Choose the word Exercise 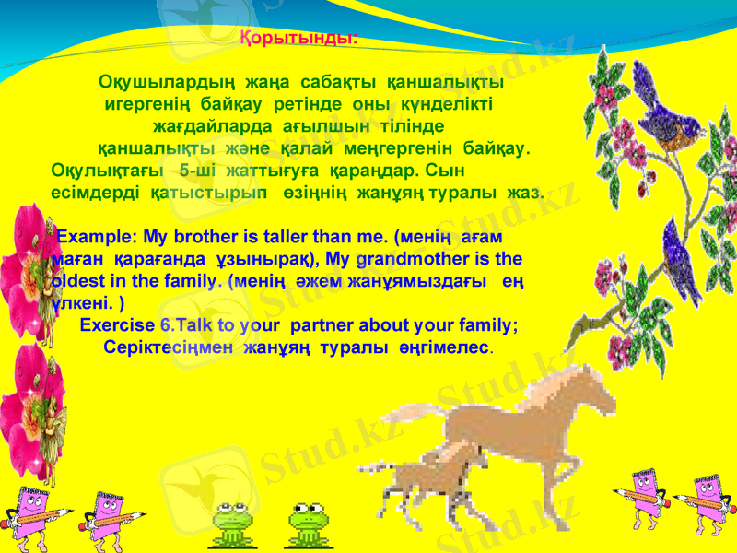118,324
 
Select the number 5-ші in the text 199,171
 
